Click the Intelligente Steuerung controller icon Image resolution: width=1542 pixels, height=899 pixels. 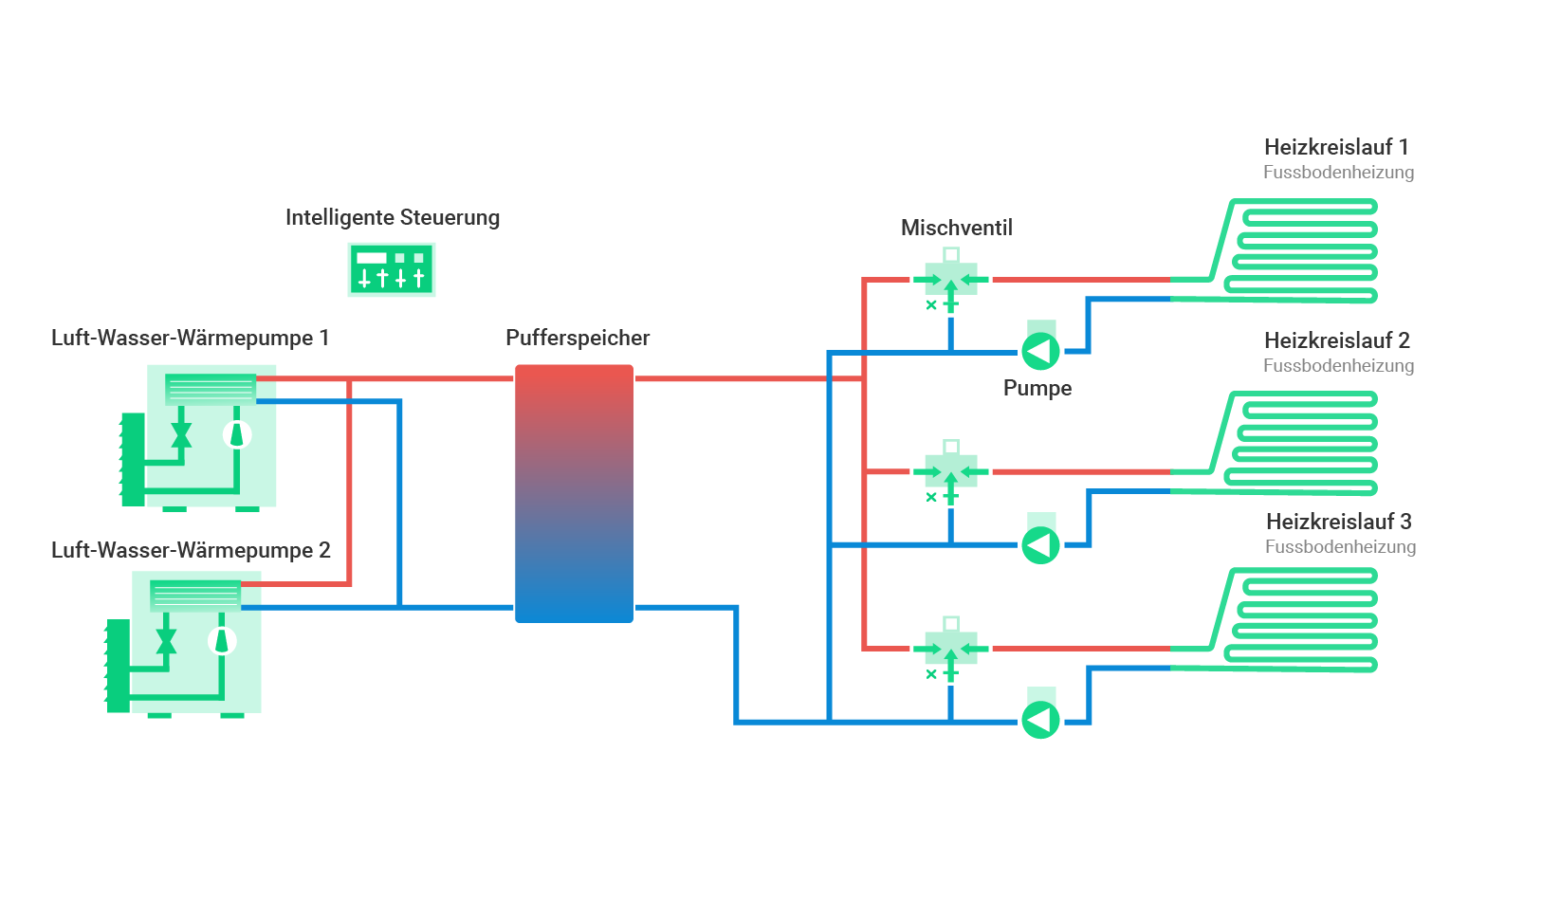[392, 269]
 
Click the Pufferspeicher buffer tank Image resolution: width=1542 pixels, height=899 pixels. [574, 493]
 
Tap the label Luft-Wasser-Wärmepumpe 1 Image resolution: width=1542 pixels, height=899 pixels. [190, 338]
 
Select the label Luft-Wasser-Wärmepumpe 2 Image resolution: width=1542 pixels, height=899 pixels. [191, 550]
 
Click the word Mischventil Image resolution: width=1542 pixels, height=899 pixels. [956, 228]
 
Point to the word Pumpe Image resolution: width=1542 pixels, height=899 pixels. [1037, 388]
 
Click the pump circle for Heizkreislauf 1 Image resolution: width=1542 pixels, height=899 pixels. [1040, 352]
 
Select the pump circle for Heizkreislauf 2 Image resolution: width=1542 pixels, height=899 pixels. [1040, 545]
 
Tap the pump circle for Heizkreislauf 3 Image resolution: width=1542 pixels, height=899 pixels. [1040, 720]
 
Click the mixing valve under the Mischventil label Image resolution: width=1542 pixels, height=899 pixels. [950, 280]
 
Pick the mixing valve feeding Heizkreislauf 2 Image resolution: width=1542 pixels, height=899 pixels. [950, 471]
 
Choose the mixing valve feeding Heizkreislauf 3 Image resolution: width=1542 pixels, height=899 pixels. [950, 649]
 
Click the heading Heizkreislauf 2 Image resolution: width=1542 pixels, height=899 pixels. [1336, 340]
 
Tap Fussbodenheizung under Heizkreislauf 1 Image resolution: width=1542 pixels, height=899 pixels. [1338, 173]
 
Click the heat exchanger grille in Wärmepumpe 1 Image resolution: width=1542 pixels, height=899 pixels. [211, 389]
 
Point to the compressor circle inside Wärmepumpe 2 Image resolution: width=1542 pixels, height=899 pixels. [222, 641]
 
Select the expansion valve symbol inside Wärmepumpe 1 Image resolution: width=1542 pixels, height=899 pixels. [181, 435]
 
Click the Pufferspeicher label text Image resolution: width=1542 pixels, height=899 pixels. [578, 338]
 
